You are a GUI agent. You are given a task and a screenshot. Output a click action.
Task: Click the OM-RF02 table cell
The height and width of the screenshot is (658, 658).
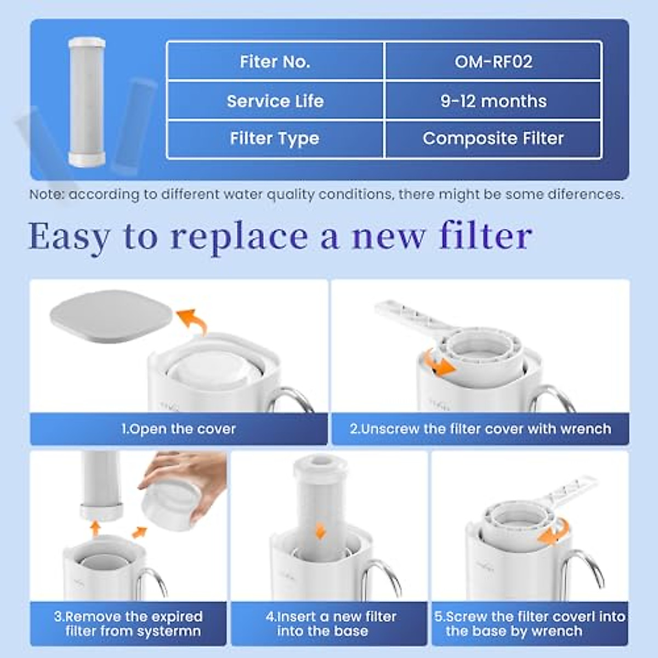[x=493, y=61]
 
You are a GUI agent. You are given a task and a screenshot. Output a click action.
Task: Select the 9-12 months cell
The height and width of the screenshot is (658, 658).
[x=493, y=101]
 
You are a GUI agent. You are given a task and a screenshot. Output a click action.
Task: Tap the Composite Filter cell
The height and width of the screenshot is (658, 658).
[x=493, y=138]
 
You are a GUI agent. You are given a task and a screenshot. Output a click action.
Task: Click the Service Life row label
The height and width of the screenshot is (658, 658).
[x=275, y=101]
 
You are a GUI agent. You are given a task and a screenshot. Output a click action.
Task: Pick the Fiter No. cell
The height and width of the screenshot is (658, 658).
[x=275, y=61]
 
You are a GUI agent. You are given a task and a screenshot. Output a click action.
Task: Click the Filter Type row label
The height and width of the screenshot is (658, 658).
[x=275, y=138]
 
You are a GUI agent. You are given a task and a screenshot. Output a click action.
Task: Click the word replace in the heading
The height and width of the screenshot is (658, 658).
[x=239, y=237]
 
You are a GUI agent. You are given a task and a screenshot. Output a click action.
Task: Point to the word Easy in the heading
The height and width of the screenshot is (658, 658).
[x=69, y=237]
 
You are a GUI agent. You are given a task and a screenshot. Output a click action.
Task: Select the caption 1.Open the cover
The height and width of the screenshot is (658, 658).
[x=178, y=429]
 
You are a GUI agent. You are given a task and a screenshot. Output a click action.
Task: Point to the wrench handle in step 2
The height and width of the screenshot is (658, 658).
[x=406, y=316]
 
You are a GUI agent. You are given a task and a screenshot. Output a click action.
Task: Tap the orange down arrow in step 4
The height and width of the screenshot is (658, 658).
[x=320, y=531]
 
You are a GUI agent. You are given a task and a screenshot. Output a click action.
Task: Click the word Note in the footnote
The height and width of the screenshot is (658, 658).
[x=47, y=195]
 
